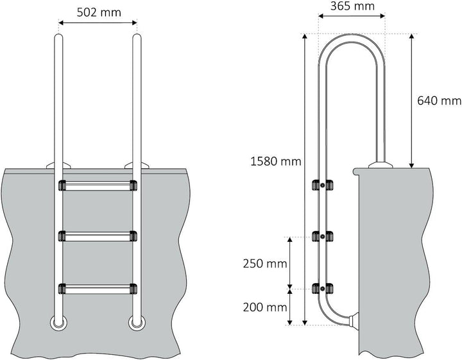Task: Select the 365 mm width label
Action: [352, 7]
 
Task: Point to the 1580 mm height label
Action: [275, 162]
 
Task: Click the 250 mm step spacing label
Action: [264, 263]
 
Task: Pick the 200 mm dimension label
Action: [264, 307]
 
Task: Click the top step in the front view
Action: [98, 186]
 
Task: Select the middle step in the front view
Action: [98, 236]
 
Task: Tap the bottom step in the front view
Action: [98, 288]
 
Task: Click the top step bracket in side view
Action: [321, 185]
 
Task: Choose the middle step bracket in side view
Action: [321, 236]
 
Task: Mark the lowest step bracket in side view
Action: [321, 288]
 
